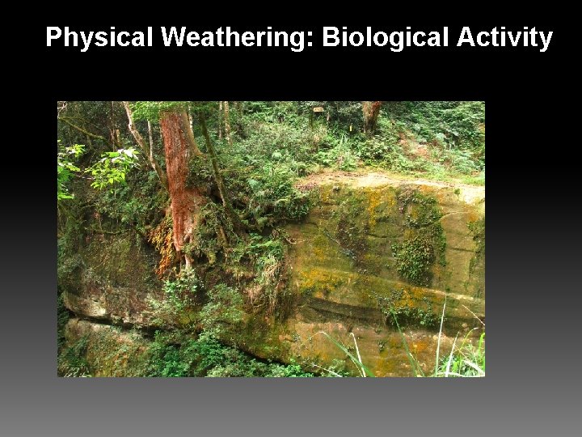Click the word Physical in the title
[x=99, y=37]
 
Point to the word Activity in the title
[x=504, y=37]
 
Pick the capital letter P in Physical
[x=53, y=37]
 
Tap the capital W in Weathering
[x=174, y=37]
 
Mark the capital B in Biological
[x=330, y=37]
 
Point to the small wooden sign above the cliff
[x=318, y=109]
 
